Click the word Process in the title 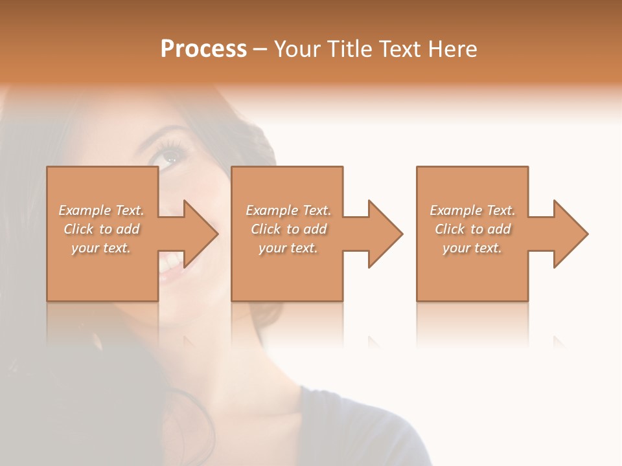click(203, 49)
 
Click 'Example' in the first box click(85, 210)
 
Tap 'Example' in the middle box click(272, 210)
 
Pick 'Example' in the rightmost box click(456, 210)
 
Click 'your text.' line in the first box click(101, 248)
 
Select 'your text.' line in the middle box click(288, 248)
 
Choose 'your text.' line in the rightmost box click(472, 248)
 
